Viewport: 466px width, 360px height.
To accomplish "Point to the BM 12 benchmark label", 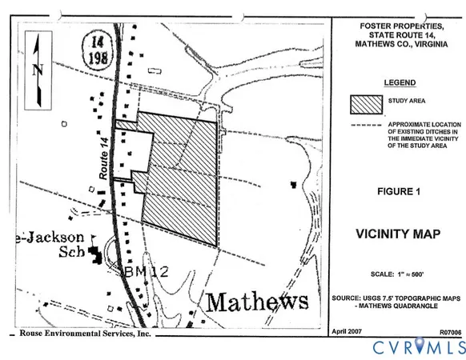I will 143,272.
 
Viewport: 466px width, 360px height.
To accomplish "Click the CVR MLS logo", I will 416,347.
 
